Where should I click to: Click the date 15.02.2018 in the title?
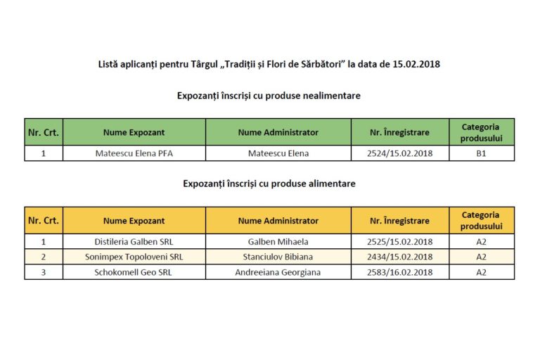coord(411,64)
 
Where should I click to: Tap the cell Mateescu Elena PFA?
coord(134,153)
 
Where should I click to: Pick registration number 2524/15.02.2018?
coord(400,153)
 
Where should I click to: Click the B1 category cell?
coord(481,153)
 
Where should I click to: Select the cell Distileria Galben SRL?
coord(134,242)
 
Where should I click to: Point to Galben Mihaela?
coord(278,242)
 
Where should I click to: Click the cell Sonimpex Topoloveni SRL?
coord(134,257)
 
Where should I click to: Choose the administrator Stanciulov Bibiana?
coord(278,257)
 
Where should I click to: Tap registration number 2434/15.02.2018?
coord(400,257)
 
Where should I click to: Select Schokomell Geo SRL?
coord(134,272)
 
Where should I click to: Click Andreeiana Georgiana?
coord(278,272)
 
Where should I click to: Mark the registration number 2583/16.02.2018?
coord(400,272)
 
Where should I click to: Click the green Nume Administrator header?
coord(278,132)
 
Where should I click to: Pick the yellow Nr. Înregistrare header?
coord(400,221)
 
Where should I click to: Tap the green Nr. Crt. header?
coord(44,132)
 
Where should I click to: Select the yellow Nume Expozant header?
coord(134,221)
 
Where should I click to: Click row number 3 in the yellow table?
coord(44,272)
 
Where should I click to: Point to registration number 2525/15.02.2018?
coord(400,242)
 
